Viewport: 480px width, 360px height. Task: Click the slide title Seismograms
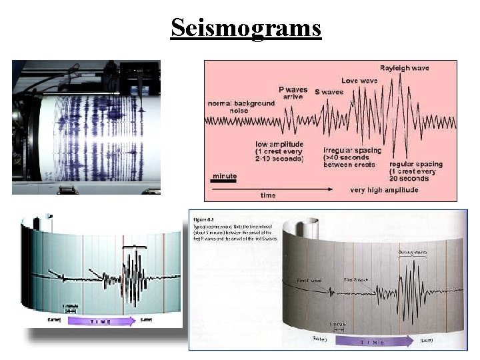click(245, 28)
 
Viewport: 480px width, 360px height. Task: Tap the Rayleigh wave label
click(405, 68)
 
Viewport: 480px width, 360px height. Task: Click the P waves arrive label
click(293, 94)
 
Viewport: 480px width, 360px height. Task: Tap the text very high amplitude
click(385, 190)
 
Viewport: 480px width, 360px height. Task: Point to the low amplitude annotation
click(280, 151)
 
